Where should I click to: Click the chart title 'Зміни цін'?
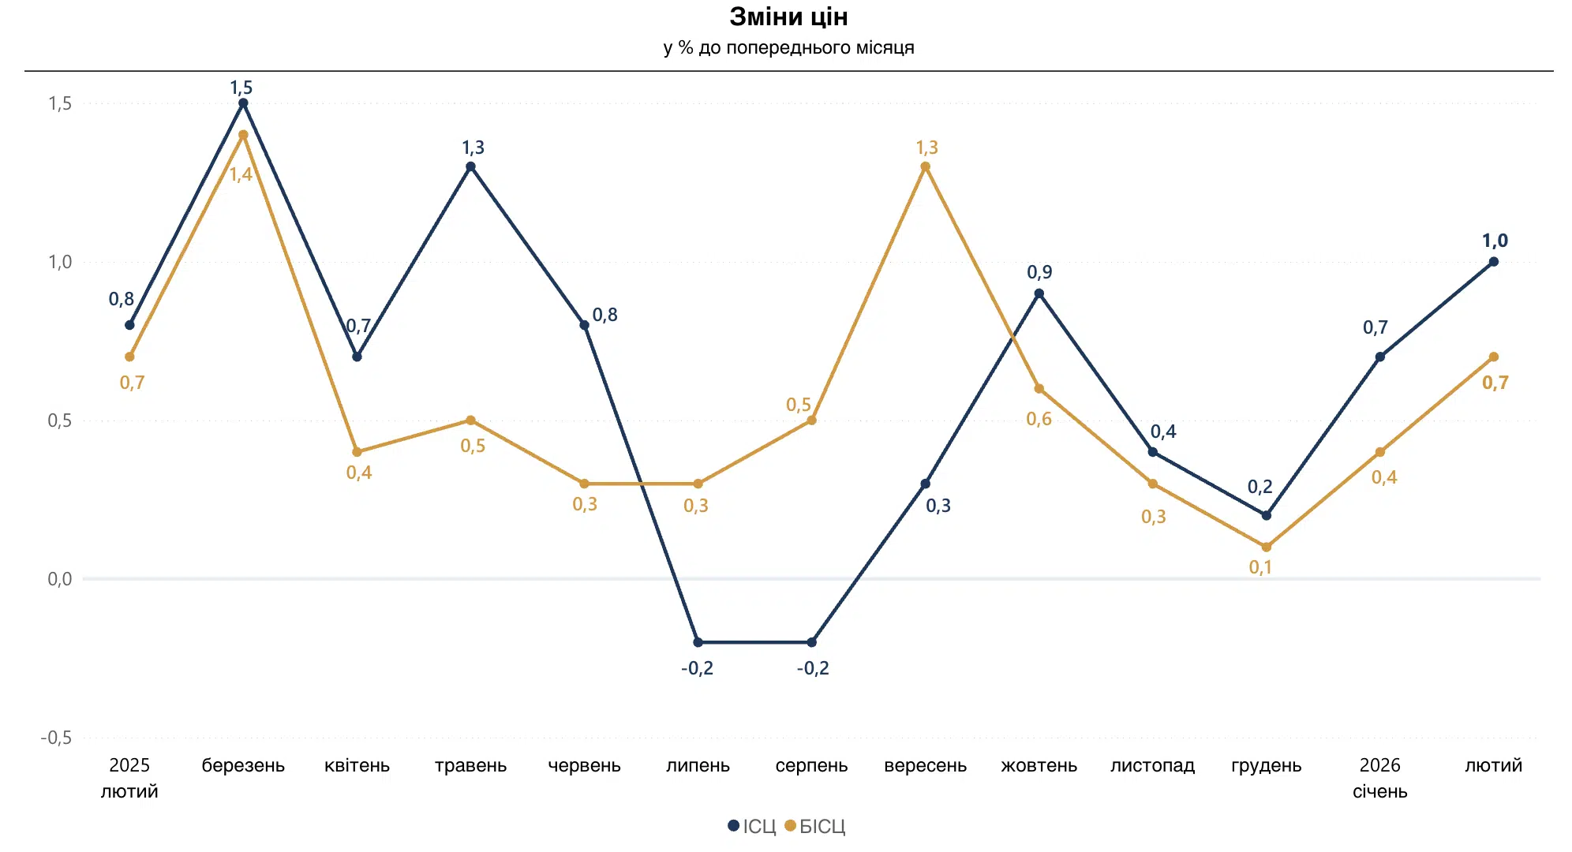(788, 17)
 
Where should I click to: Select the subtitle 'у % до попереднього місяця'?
(788, 48)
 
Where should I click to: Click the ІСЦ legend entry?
(752, 826)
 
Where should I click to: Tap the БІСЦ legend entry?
(815, 826)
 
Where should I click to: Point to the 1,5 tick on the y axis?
(60, 103)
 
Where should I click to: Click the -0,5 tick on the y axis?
(56, 738)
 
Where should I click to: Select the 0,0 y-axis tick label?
(60, 579)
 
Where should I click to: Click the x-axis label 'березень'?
(243, 765)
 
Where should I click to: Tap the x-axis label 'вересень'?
(925, 765)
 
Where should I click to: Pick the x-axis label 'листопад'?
(1152, 765)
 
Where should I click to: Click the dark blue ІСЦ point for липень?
(698, 642)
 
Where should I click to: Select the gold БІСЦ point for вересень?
(925, 166)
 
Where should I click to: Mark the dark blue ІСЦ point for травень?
(470, 166)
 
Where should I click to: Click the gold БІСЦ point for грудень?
(1266, 547)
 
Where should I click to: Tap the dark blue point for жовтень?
(1039, 293)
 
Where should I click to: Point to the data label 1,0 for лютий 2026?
(1495, 241)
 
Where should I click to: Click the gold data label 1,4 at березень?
(241, 174)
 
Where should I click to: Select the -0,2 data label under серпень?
(813, 668)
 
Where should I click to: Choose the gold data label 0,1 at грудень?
(1260, 567)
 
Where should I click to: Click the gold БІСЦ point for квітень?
(357, 452)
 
